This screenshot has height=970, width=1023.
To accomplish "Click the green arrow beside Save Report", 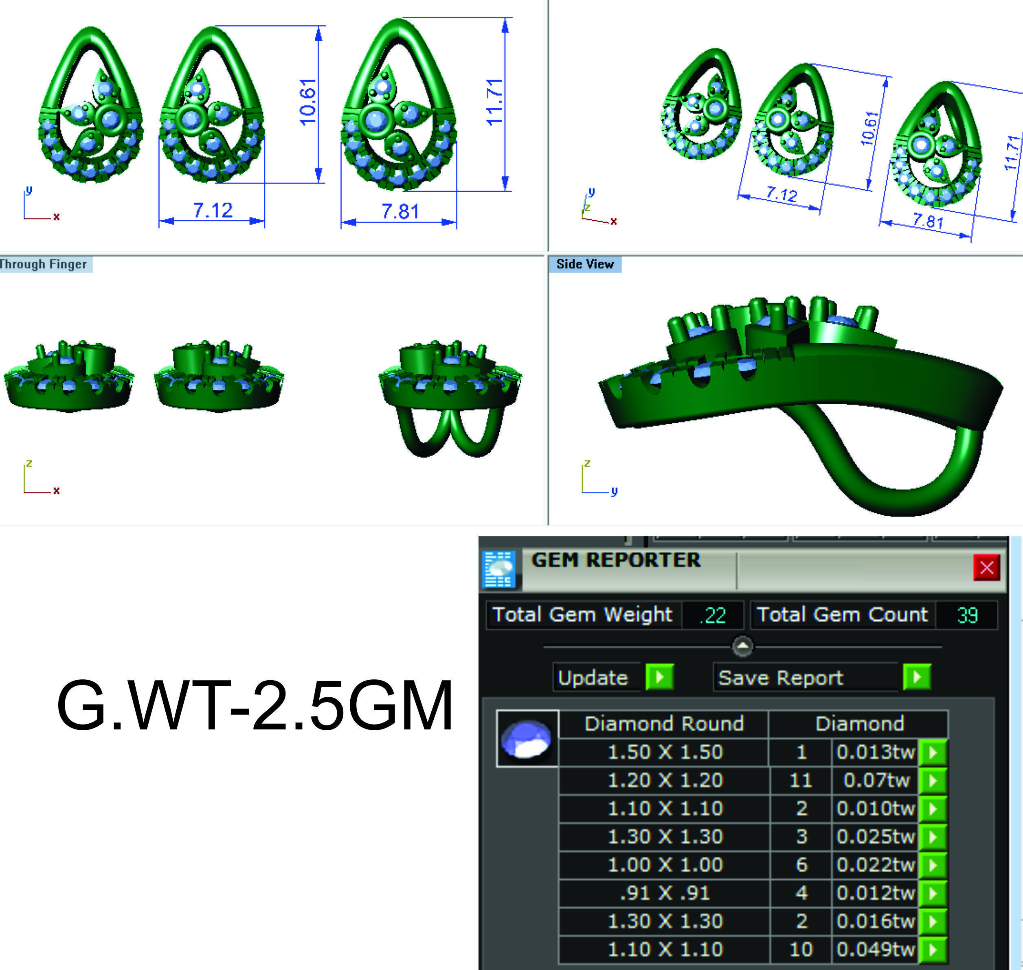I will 916,677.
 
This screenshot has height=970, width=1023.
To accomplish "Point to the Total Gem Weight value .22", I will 712,615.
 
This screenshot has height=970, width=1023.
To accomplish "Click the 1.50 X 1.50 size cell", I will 665,752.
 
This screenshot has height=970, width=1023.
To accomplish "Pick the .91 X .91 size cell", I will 665,893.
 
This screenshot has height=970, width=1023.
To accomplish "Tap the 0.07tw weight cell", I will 876,780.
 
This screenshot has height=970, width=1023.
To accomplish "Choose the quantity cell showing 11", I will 801,780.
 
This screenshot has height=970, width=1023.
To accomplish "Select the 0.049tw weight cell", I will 876,949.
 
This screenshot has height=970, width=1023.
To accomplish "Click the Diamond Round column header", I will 664,723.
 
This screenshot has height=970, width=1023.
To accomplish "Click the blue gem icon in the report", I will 527,739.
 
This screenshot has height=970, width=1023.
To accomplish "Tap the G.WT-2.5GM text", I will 255,706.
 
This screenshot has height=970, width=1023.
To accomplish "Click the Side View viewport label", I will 584,264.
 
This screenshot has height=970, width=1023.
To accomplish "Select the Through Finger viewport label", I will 44,264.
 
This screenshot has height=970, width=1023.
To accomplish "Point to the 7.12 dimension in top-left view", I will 213,210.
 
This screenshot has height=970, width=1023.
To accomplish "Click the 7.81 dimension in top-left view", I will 400,212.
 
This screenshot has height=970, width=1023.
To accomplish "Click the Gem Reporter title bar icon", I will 498,569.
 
